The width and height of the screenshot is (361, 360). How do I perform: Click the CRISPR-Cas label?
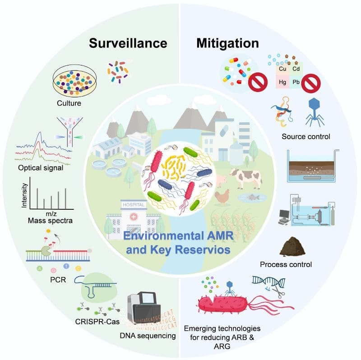click(93, 321)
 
